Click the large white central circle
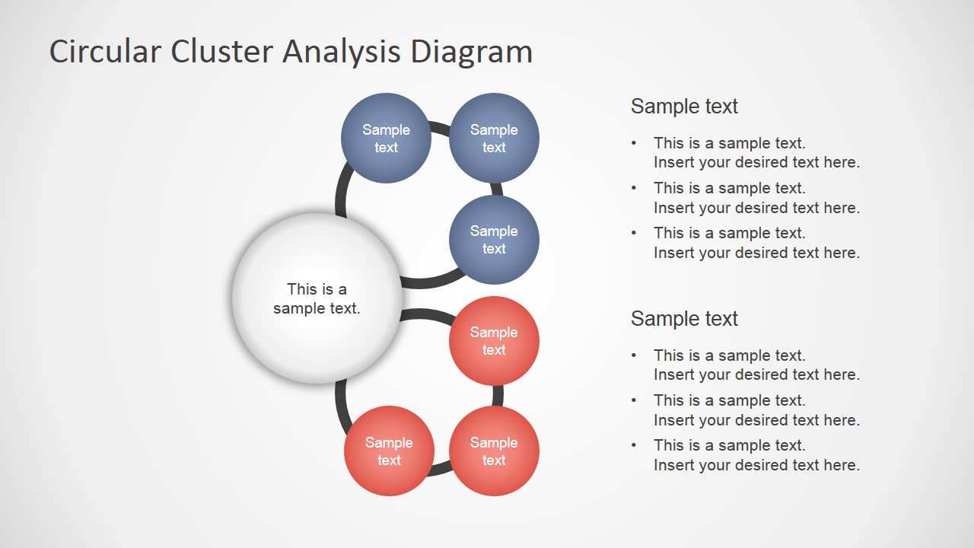coord(317,298)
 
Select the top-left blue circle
coord(386,138)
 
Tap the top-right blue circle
coord(494,138)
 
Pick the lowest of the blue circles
coord(494,239)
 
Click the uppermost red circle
coord(494,340)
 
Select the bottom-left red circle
coord(389,451)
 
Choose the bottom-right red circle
coord(494,451)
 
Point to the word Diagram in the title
coord(471,52)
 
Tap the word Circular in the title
coord(105,52)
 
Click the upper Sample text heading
coord(684,107)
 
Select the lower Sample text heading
coord(684,319)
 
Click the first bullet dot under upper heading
coord(634,143)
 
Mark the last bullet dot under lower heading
coord(634,445)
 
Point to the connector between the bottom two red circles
coord(441,470)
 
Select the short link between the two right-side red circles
coord(498,396)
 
